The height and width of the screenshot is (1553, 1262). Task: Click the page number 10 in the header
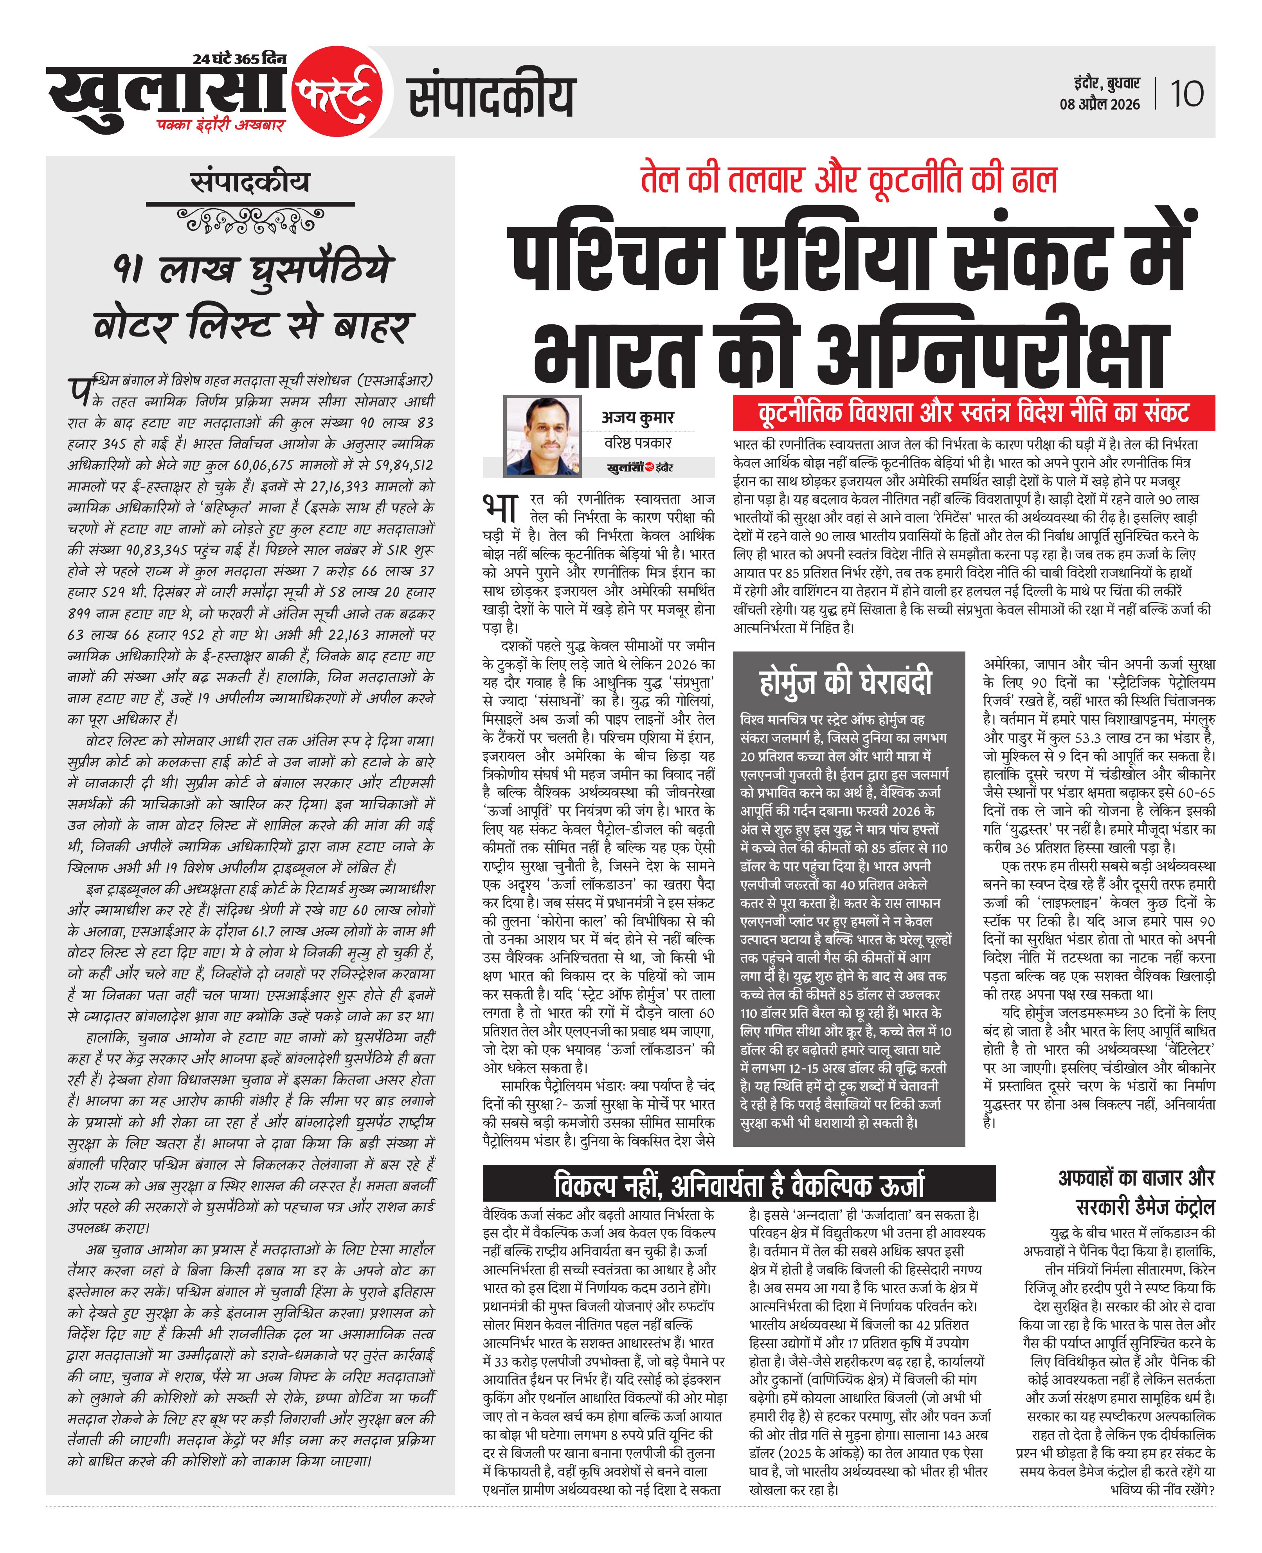tap(1186, 94)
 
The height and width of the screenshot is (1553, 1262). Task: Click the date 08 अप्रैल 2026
tap(1099, 104)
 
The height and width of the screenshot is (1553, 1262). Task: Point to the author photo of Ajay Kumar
tap(542, 436)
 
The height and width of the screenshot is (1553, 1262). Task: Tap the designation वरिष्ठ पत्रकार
tap(637, 443)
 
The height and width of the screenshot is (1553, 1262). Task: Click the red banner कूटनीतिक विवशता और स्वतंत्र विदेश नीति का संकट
tap(973, 414)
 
